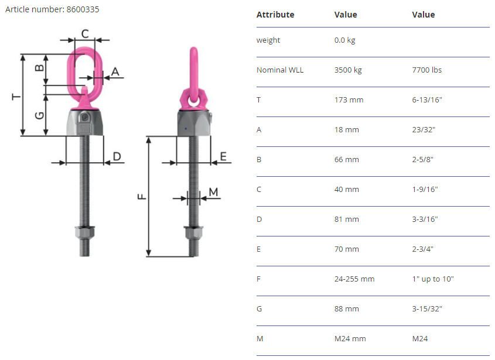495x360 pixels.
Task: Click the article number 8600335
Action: click(83, 9)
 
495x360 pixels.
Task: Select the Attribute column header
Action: click(275, 15)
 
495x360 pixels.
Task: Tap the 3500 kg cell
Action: click(348, 70)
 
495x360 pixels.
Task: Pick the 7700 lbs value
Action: click(427, 70)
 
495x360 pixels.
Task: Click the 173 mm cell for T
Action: click(349, 100)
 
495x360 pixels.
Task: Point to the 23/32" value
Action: click(424, 130)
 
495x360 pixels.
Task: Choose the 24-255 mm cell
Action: click(354, 279)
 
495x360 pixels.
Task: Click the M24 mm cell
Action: click(350, 339)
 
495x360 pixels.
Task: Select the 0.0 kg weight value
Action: click(344, 40)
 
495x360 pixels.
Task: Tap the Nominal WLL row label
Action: click(280, 70)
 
